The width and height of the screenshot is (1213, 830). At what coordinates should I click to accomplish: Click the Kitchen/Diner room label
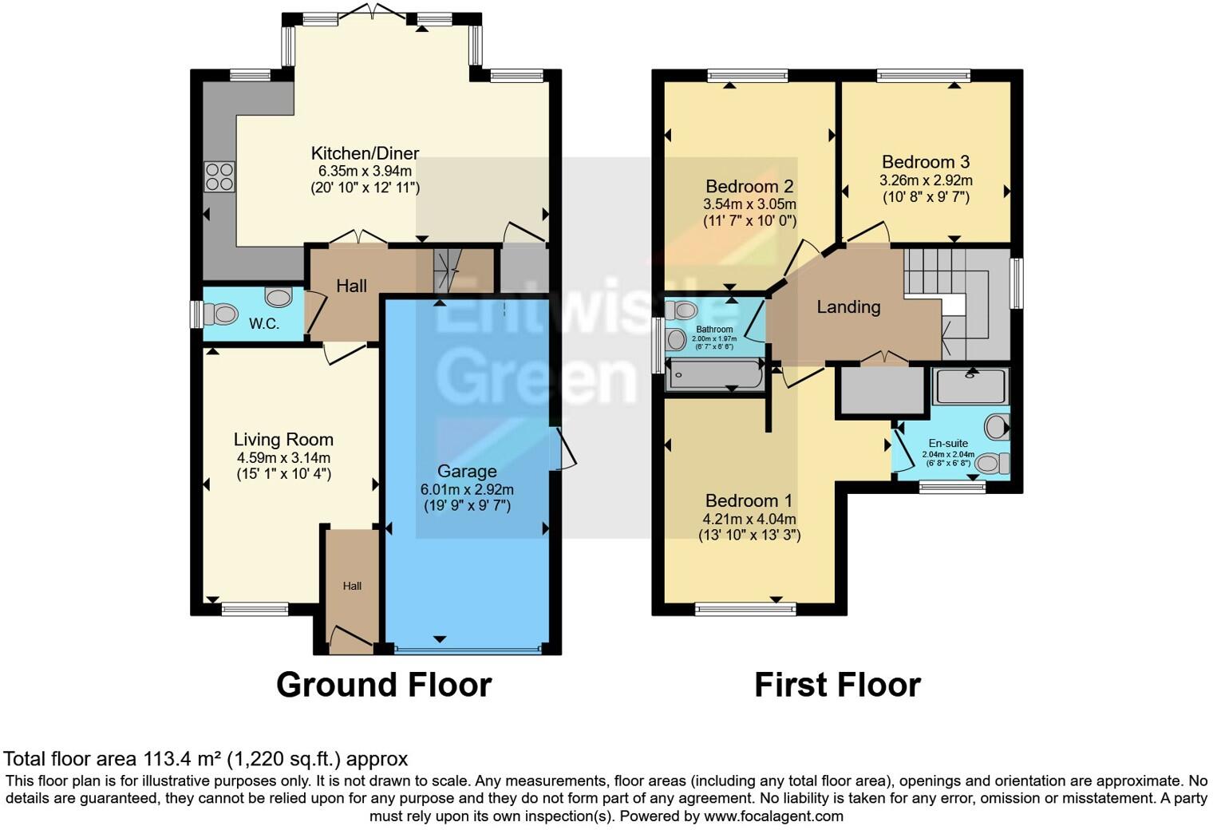point(365,153)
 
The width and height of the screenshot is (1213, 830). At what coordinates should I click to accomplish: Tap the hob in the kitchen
point(219,177)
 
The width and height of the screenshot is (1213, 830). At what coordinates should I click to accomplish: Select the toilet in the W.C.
point(221,314)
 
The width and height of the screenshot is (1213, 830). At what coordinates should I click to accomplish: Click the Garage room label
point(466,471)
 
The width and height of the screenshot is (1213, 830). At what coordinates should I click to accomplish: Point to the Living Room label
point(283,439)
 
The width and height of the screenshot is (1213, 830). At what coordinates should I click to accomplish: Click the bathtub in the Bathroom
point(716,375)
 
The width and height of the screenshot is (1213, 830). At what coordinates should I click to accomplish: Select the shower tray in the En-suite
point(971,386)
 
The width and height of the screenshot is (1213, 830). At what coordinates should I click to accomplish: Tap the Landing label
point(848,306)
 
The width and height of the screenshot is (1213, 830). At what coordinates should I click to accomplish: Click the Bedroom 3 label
point(926,162)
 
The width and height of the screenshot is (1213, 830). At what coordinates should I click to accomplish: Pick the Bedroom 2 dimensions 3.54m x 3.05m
point(749,204)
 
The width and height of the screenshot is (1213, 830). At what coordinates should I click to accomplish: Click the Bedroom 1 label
point(749,500)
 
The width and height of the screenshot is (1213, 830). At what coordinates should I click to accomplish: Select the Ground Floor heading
point(384,685)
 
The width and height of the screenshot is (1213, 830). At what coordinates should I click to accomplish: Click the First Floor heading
point(837,685)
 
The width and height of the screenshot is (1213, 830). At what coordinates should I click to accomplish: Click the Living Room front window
point(255,609)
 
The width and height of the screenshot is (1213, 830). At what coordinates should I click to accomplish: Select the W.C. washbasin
point(279,298)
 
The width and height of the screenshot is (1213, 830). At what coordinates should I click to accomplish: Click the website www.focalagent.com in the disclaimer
point(773,816)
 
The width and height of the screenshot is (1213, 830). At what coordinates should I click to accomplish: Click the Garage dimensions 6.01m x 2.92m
point(467,488)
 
